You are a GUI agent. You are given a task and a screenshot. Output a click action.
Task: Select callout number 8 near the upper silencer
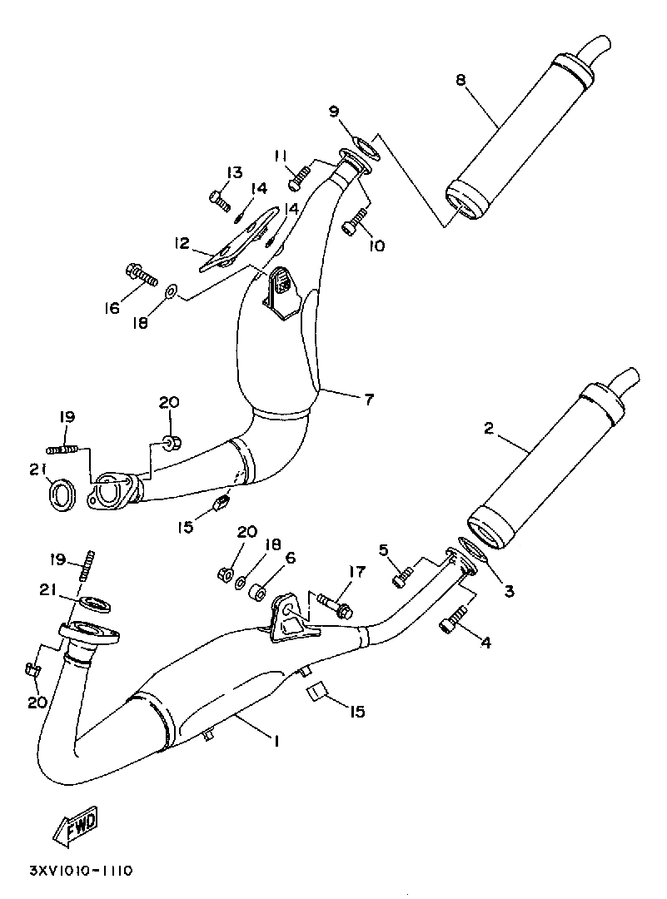pyautogui.click(x=460, y=80)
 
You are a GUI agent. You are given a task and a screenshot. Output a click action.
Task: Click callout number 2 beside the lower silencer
pyautogui.click(x=488, y=429)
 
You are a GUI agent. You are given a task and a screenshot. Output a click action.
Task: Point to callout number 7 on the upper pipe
pyautogui.click(x=369, y=398)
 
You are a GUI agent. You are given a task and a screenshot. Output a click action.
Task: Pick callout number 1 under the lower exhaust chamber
pyautogui.click(x=276, y=741)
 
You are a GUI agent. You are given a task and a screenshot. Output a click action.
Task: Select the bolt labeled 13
pyautogui.click(x=219, y=200)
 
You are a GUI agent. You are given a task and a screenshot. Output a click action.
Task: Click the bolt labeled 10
pyautogui.click(x=354, y=220)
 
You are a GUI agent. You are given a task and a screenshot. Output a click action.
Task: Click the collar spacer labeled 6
pyautogui.click(x=259, y=593)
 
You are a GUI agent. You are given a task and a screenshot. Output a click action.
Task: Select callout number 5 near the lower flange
pyautogui.click(x=384, y=551)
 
